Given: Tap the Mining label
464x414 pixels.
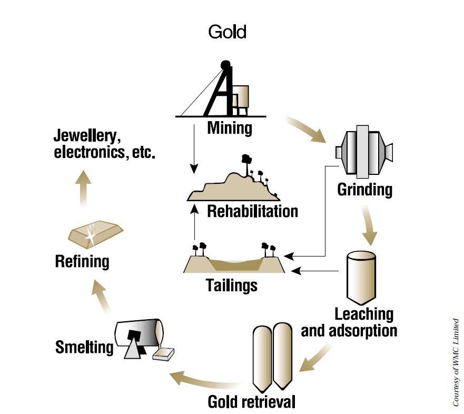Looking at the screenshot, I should click(x=230, y=128).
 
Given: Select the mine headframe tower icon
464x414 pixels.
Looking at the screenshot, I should click(x=224, y=90).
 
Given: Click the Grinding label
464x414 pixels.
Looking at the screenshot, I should click(x=365, y=190).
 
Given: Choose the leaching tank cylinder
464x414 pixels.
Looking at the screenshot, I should click(x=361, y=277).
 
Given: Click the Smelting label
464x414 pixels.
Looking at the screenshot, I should click(x=84, y=347).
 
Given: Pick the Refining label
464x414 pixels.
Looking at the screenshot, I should click(x=82, y=261).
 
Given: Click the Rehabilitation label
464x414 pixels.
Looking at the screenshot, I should click(x=253, y=212).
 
